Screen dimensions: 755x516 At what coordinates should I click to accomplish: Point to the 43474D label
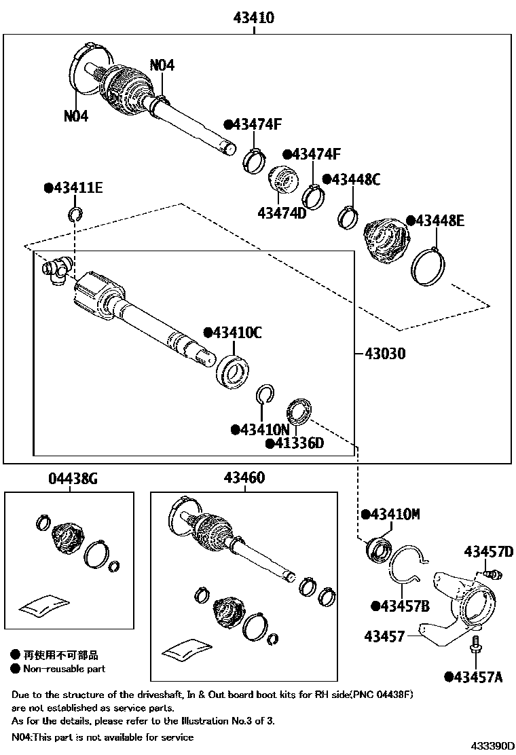pos(282,213)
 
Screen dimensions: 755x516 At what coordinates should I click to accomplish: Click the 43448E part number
pos(440,221)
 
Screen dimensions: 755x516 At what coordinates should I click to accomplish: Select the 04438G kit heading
pos(73,479)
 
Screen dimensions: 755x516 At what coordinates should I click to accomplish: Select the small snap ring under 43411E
pos(75,216)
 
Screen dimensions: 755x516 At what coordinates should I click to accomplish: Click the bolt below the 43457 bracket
pos(475,644)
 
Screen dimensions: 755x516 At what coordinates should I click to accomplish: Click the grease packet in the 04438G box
pos(44,606)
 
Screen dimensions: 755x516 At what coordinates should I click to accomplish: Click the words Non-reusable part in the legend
pos(64,669)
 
